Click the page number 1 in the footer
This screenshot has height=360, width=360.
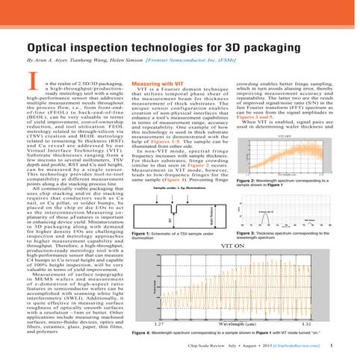point(341,347)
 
